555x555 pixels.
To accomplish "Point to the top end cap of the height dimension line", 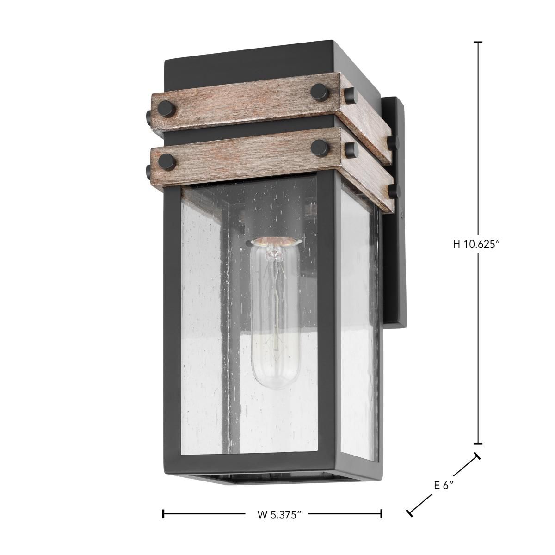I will coord(478,43).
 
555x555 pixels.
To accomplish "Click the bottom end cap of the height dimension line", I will coord(478,443).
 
